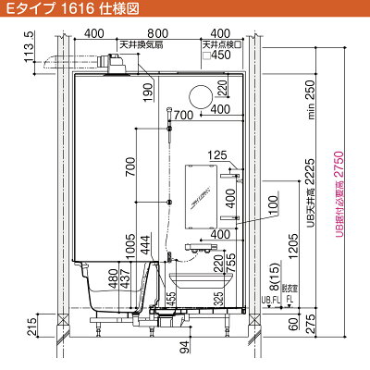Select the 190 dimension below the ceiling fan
(x=146, y=91)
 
